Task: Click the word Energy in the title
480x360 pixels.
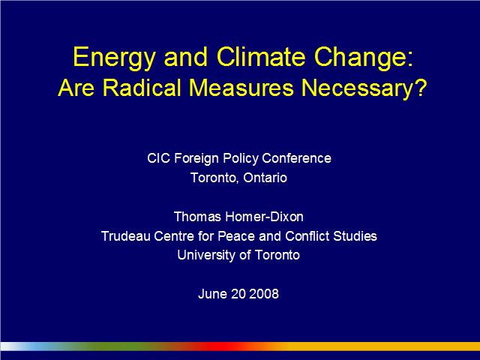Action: [x=114, y=58]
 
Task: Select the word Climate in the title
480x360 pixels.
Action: [x=261, y=57]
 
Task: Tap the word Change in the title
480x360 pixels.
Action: [x=361, y=58]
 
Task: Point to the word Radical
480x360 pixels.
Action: [x=142, y=88]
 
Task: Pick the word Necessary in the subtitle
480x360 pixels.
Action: [x=357, y=89]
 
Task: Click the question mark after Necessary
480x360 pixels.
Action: [x=420, y=88]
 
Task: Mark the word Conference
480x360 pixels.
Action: [x=296, y=158]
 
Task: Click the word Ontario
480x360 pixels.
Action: [x=265, y=178]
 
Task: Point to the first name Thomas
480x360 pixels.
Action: [x=197, y=217]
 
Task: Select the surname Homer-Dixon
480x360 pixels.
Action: [x=264, y=217]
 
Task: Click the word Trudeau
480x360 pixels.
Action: [x=126, y=236]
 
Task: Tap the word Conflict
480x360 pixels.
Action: [x=307, y=236]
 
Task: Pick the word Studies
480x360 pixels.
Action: [x=355, y=236]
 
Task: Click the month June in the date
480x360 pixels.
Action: [x=212, y=294]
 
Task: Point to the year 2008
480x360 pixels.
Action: [x=264, y=294]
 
